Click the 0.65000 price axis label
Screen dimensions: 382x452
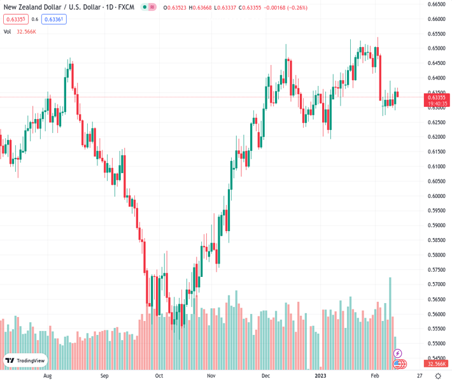pyautogui.click(x=436, y=48)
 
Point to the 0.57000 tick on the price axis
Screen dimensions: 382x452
pyautogui.click(x=436, y=285)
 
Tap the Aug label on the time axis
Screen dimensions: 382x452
pyautogui.click(x=47, y=376)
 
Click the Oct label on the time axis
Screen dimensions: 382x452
pyautogui.click(x=159, y=376)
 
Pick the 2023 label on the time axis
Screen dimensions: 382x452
pyautogui.click(x=321, y=376)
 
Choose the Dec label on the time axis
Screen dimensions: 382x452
pyautogui.click(x=265, y=376)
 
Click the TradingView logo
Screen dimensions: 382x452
pyautogui.click(x=25, y=361)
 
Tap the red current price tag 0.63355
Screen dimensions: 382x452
pyautogui.click(x=437, y=97)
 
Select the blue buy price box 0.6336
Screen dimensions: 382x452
pyautogui.click(x=54, y=19)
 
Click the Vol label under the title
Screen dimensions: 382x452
pyautogui.click(x=7, y=31)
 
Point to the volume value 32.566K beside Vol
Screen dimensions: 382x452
pyautogui.click(x=26, y=31)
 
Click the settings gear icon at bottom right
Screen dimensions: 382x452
pyautogui.click(x=437, y=376)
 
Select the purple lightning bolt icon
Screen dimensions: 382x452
pyautogui.click(x=398, y=353)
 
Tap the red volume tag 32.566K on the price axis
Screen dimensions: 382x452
pyautogui.click(x=437, y=364)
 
